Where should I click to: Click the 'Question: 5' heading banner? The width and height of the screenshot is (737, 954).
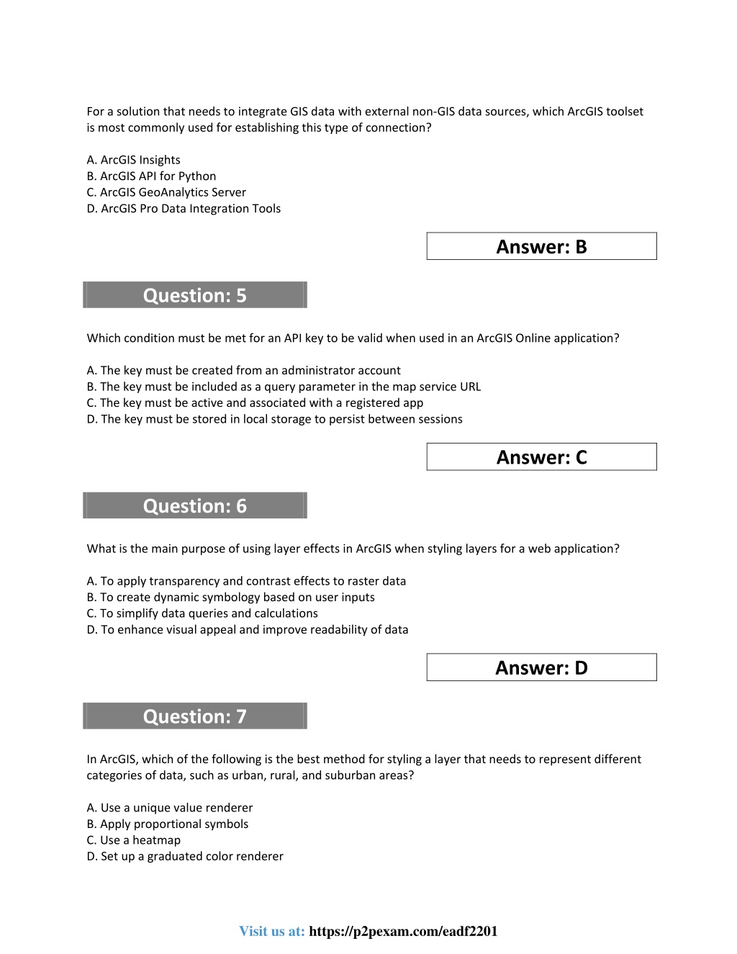click(x=194, y=295)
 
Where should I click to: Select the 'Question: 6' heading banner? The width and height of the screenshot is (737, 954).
click(x=194, y=505)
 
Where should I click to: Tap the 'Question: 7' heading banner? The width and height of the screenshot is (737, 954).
click(x=194, y=716)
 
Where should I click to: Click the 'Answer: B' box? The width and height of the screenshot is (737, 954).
click(x=541, y=246)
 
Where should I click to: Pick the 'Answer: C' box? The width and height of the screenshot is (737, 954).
click(x=541, y=457)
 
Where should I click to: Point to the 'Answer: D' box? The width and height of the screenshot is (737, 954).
click(x=541, y=667)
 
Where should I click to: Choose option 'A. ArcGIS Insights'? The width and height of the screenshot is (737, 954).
click(x=133, y=160)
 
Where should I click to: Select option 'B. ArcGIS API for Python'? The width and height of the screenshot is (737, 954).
click(x=151, y=176)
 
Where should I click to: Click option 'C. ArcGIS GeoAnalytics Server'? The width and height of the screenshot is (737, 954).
click(x=166, y=192)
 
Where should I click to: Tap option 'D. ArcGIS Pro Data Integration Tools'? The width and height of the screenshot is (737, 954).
click(x=184, y=208)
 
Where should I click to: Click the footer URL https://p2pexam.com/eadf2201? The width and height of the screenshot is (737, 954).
click(x=403, y=931)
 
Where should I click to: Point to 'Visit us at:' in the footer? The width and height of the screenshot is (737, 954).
click(x=272, y=931)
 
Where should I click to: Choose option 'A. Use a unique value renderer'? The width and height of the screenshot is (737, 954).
click(x=170, y=808)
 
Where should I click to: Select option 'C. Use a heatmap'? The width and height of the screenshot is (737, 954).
click(x=134, y=840)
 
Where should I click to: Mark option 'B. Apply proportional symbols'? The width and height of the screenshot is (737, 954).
click(x=168, y=824)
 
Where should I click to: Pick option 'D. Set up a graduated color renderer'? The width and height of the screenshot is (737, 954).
click(x=185, y=856)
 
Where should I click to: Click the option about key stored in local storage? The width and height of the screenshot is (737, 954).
click(x=274, y=419)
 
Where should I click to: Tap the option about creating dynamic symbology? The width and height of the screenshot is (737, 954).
click(x=230, y=597)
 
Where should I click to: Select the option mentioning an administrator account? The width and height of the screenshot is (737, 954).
click(x=243, y=370)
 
